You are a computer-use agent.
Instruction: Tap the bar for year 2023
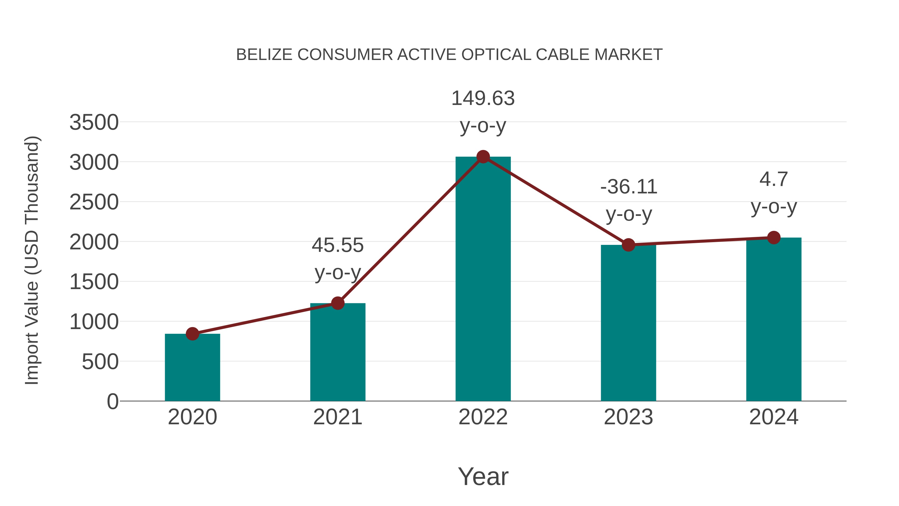(628, 323)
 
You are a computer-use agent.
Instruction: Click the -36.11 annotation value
(629, 187)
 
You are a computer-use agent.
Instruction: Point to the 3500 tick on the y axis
(94, 123)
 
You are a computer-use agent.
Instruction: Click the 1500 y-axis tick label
(94, 282)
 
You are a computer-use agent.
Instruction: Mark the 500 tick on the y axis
(100, 362)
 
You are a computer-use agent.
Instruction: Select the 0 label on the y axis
(112, 402)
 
